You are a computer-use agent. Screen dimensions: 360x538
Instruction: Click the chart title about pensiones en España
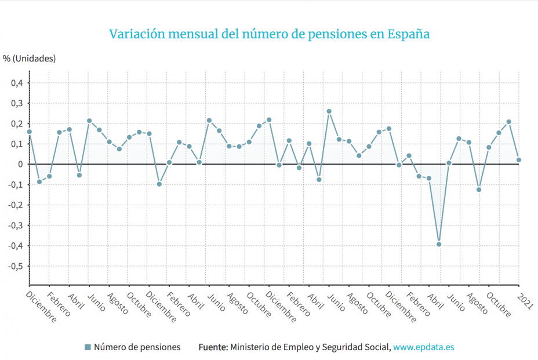(270, 34)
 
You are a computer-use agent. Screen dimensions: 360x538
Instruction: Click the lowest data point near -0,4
(439, 244)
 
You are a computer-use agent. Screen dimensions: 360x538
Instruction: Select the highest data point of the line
(329, 111)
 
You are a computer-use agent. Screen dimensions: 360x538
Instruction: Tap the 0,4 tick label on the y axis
(17, 83)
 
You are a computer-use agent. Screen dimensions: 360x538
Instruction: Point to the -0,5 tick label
(16, 266)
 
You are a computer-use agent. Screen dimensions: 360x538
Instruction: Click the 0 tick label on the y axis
(20, 165)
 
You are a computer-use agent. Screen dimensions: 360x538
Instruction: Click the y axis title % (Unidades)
(29, 58)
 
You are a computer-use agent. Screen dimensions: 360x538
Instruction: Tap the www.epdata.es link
(423, 347)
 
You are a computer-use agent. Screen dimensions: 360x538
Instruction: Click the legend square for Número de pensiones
(88, 347)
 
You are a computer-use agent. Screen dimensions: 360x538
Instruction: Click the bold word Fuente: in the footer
(213, 347)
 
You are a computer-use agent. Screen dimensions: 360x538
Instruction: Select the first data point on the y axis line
(30, 132)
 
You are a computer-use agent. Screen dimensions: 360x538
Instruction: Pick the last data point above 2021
(519, 159)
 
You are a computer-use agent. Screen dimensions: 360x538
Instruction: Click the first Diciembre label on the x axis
(42, 307)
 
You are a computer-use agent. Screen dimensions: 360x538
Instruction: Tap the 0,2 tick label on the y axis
(17, 124)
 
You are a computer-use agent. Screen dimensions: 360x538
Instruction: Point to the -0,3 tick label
(16, 226)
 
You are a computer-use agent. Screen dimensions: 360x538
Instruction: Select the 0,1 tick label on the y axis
(17, 144)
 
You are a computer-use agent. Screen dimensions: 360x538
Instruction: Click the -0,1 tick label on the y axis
(16, 185)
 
